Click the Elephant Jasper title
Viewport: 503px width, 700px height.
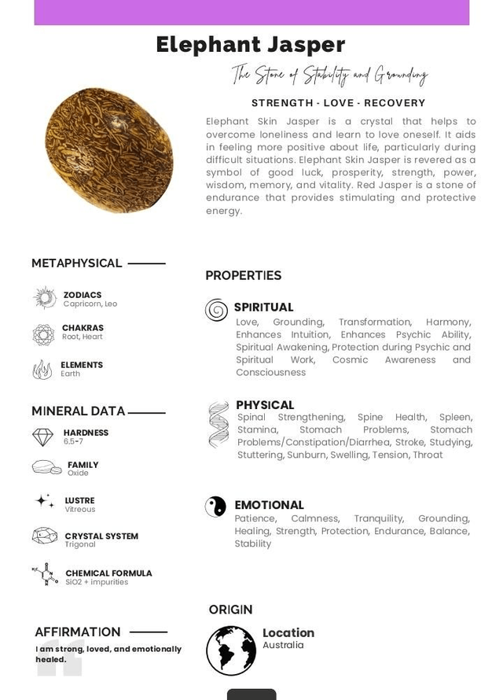pos(250,45)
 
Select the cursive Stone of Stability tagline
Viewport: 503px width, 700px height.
pos(329,75)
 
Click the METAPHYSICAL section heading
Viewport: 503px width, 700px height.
pos(76,263)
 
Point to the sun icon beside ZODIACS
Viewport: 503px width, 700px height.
pos(44,298)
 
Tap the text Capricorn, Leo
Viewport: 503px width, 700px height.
pos(90,304)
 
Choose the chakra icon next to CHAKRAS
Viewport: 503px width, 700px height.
pos(43,334)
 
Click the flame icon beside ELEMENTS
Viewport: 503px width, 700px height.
pos(42,370)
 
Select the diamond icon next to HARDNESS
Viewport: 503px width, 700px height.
pos(42,437)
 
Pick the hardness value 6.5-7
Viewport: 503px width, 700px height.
pos(73,442)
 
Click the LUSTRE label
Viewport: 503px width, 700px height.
pos(79,500)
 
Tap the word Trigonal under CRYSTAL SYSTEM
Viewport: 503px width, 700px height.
pos(80,544)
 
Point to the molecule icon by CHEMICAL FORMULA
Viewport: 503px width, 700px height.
pos(45,576)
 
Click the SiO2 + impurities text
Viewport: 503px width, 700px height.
pos(97,583)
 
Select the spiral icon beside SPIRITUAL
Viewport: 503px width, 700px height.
pos(216,310)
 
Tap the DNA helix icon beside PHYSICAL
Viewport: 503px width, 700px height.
pos(218,425)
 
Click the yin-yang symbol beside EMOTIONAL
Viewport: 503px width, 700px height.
pos(215,507)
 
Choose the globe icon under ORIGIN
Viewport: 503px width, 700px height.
pos(231,650)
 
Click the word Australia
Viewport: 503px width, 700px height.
pos(283,646)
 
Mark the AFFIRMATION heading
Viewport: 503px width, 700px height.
pos(78,632)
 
